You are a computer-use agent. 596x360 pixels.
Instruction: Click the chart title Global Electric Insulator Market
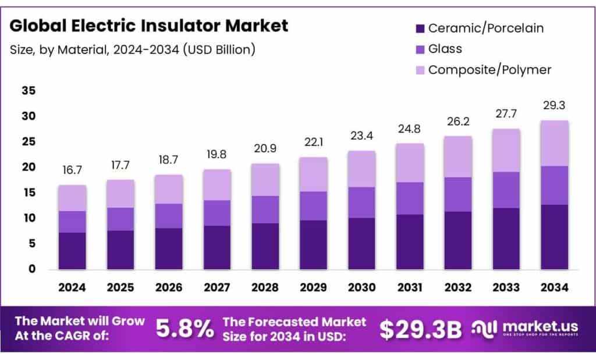[x=149, y=26]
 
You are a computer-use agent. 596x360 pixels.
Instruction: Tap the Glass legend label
[x=445, y=49]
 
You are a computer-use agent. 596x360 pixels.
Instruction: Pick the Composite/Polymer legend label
[x=489, y=70]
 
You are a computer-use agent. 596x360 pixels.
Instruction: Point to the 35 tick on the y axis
[x=29, y=91]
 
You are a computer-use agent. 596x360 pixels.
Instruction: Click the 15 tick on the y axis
[x=29, y=193]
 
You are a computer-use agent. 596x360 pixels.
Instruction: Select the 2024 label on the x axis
[x=72, y=287]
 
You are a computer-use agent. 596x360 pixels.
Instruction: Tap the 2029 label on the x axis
[x=313, y=287]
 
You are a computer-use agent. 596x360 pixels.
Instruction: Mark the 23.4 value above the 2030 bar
[x=361, y=136]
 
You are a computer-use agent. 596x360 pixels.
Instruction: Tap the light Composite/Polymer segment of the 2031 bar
[x=410, y=163]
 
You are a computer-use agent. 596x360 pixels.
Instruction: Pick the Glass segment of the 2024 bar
[x=72, y=222]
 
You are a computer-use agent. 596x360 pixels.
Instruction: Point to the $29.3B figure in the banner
[x=420, y=330]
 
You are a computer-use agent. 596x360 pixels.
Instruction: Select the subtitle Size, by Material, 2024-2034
[x=133, y=50]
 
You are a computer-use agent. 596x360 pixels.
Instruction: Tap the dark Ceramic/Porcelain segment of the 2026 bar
[x=168, y=248]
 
